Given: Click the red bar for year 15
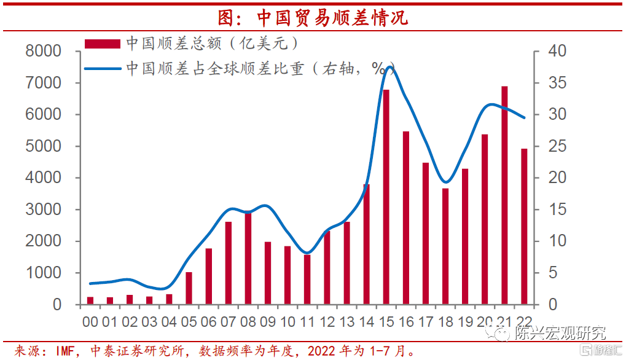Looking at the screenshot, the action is pos(386,197).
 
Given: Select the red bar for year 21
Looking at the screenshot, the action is pos(504,195).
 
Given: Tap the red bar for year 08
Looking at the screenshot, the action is pos(248,258).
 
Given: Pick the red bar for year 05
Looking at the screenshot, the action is pos(189,289).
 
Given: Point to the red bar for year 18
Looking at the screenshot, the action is pos(445,246).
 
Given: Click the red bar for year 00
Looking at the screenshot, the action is pos(90,301).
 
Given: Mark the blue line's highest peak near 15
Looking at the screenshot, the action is pos(388,67).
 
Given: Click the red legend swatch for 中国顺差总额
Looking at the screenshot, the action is pos(103,44).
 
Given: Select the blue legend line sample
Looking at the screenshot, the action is pos(103,69).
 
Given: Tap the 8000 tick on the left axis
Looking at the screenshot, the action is pos(43,51).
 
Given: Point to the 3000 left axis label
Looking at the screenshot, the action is pos(43,209).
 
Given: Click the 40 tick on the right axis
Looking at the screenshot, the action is pos(557,51).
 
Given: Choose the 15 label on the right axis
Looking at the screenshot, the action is pos(557,209).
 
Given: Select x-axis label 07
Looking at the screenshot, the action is pos(229,322).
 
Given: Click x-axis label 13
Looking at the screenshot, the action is pos(347,322).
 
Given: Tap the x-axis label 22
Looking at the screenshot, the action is pos(524,322).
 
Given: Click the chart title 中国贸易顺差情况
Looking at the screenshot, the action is pos(313,18).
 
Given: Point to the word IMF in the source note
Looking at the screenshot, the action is pos(65,351).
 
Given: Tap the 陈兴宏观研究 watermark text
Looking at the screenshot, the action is pos(560,333).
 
